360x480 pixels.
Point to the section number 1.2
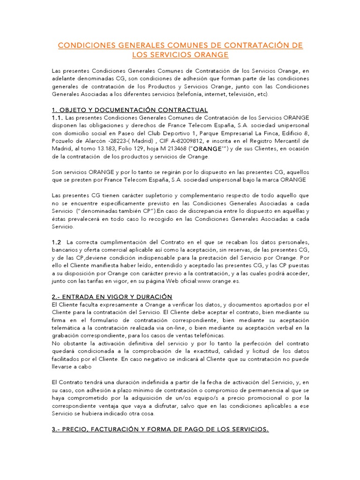(57, 242)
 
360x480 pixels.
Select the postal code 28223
(118, 141)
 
